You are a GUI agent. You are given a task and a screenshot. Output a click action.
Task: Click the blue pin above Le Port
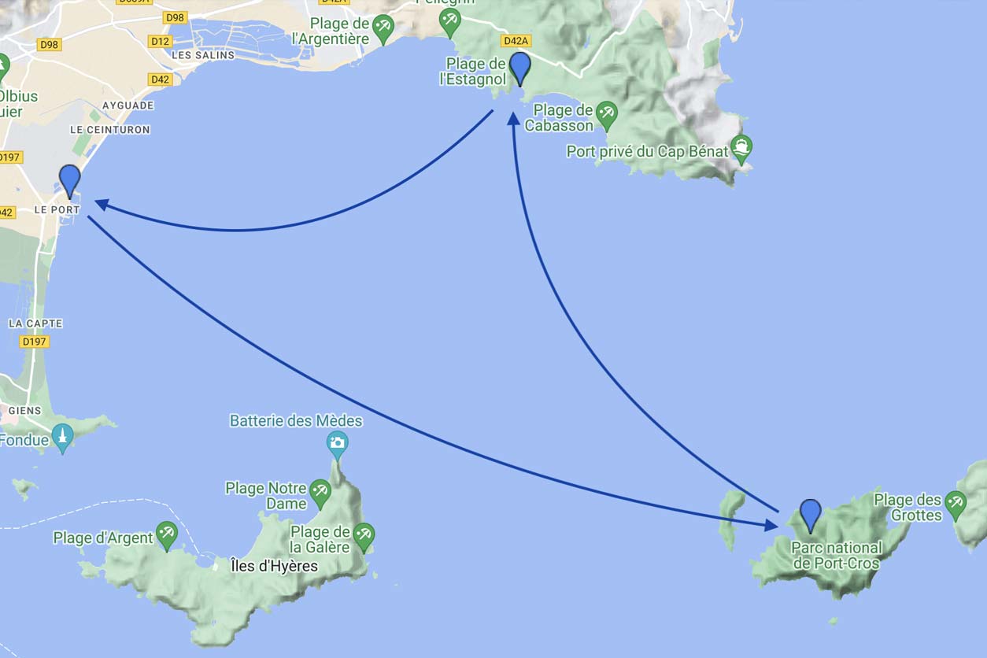[70, 180]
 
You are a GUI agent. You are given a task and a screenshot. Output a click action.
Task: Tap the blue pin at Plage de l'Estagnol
[520, 68]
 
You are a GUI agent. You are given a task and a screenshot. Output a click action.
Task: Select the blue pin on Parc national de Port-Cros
[810, 515]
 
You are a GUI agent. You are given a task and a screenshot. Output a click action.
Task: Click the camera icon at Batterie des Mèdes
[338, 443]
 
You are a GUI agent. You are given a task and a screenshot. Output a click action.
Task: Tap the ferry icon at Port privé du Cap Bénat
[741, 146]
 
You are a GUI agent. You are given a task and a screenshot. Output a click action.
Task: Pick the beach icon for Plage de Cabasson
[606, 113]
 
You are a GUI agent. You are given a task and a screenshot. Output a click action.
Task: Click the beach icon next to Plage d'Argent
[166, 534]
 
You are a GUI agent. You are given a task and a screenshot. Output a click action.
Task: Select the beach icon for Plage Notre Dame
[320, 493]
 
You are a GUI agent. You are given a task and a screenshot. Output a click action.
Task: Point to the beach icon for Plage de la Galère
[363, 535]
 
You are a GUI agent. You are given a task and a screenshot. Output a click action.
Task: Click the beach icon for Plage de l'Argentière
[383, 28]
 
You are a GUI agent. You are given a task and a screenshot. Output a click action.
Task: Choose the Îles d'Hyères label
[275, 566]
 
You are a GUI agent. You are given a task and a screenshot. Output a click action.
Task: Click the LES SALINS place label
[203, 55]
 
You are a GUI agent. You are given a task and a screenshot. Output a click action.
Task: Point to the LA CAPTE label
[35, 323]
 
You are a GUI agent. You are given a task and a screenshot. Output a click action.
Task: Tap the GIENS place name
[24, 411]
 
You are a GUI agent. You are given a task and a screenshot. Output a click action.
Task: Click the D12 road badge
[161, 41]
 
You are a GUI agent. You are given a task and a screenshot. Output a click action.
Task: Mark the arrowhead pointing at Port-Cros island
[771, 524]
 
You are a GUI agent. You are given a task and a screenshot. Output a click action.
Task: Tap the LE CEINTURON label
[109, 129]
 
